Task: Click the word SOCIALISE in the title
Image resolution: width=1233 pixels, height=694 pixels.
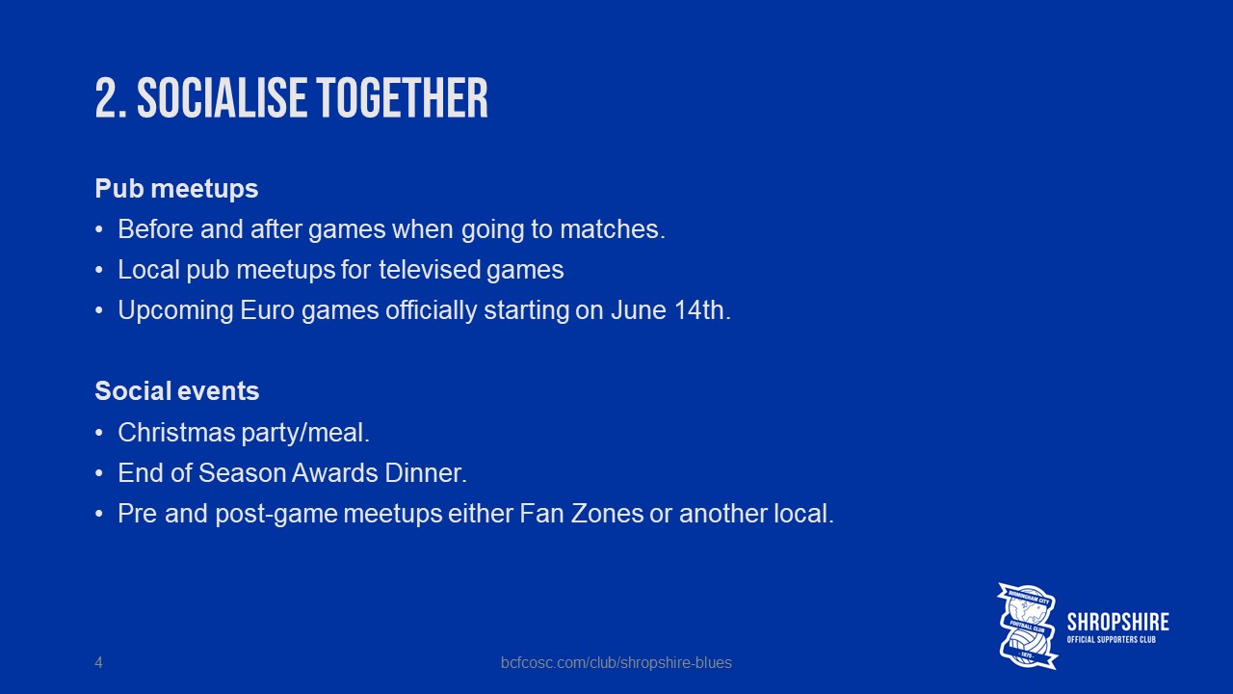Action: click(222, 97)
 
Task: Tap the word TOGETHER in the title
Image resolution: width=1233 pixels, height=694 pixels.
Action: click(403, 97)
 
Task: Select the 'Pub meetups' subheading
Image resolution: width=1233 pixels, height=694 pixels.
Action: click(176, 189)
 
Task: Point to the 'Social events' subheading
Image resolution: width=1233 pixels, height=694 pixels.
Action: click(176, 391)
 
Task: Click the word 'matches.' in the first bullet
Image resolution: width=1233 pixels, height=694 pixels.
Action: click(613, 229)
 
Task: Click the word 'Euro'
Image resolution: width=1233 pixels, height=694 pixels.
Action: click(268, 310)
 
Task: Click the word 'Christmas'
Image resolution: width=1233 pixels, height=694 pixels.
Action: click(176, 433)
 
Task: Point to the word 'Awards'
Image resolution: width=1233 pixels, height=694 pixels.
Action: click(334, 473)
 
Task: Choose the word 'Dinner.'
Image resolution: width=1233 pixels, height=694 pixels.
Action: click(426, 473)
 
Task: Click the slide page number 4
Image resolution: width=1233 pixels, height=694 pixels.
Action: click(98, 662)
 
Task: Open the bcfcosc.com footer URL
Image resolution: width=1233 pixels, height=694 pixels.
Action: click(616, 662)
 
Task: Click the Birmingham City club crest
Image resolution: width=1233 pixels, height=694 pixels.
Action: click(1027, 626)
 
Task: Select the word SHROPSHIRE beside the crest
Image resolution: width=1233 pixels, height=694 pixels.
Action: click(1118, 622)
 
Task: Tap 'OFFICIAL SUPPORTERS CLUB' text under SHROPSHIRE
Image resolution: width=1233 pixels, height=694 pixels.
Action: click(1112, 640)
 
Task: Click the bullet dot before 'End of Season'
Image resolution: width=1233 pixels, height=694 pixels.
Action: click(99, 473)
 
